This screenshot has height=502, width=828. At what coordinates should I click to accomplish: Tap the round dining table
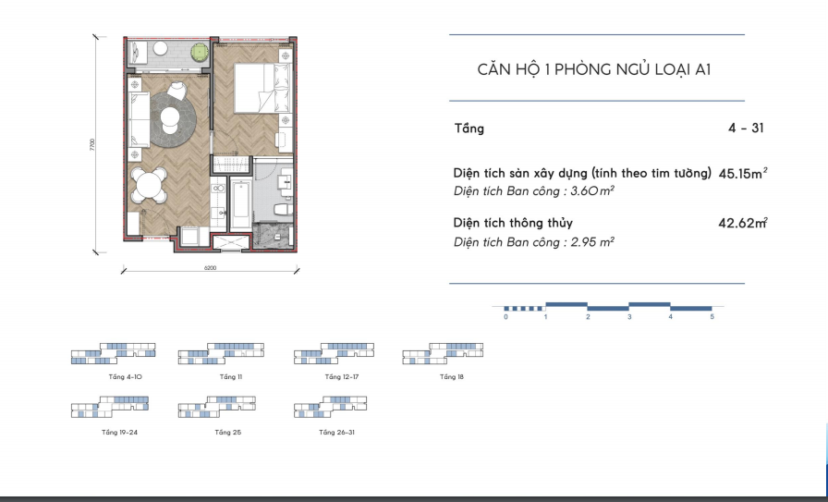click(x=149, y=186)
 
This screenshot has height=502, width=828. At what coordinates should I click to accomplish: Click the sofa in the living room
click(x=139, y=120)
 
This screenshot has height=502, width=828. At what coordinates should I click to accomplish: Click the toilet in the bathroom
click(x=284, y=210)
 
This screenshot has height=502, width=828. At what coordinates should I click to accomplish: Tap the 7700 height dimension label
click(x=92, y=145)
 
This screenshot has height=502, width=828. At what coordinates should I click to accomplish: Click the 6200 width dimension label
click(x=210, y=268)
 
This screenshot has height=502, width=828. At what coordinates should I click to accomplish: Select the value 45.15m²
click(x=742, y=173)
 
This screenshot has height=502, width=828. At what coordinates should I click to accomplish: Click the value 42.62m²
click(x=742, y=223)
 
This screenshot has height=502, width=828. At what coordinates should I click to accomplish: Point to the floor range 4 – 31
click(x=746, y=128)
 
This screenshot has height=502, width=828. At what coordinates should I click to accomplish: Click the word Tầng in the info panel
click(x=469, y=129)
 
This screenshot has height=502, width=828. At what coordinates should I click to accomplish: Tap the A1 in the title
click(x=703, y=69)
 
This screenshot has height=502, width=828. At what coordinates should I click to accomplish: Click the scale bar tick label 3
click(x=629, y=317)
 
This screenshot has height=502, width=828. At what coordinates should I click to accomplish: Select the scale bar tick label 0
click(x=505, y=317)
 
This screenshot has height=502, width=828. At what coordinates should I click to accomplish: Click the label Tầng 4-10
click(x=125, y=377)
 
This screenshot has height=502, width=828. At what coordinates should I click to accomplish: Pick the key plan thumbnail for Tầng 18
click(x=443, y=353)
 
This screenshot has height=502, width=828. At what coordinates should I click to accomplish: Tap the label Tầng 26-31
click(x=337, y=433)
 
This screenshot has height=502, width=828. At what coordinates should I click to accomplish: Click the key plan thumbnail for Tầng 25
click(x=217, y=407)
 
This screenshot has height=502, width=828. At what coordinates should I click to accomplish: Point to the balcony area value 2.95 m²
click(x=592, y=242)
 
